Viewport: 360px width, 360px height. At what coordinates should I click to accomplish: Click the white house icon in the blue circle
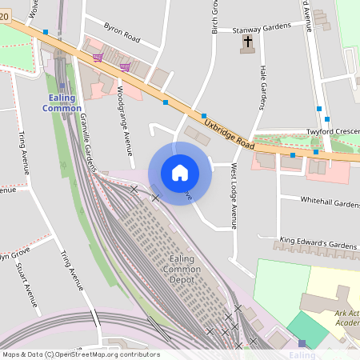(x=180, y=173)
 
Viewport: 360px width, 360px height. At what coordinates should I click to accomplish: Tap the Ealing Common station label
(x=62, y=102)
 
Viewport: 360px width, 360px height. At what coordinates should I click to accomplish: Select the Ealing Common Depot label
(x=181, y=270)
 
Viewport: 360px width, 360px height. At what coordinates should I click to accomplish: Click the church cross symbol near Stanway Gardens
(x=248, y=42)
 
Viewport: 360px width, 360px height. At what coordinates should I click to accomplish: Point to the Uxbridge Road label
(x=229, y=135)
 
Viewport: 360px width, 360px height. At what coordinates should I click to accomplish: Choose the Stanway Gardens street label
(x=262, y=28)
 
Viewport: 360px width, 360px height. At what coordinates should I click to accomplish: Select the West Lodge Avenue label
(x=234, y=196)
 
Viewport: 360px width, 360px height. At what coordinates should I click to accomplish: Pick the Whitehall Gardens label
(x=330, y=202)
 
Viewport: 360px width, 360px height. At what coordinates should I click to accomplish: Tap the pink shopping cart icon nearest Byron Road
(x=98, y=57)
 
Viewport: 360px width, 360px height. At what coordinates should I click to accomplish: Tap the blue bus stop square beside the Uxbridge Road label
(x=204, y=116)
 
